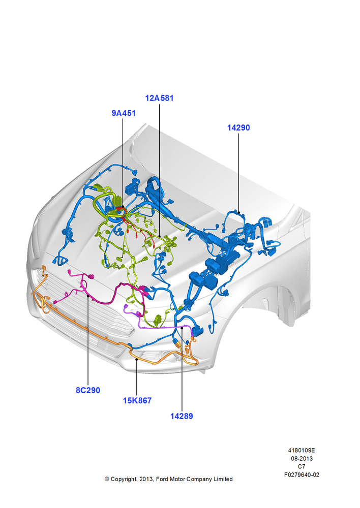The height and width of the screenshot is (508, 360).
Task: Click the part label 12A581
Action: (x=159, y=98)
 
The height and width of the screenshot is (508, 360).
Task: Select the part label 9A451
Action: (x=124, y=113)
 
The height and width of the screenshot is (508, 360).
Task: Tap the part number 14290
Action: (x=238, y=128)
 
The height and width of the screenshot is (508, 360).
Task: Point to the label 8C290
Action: (x=88, y=390)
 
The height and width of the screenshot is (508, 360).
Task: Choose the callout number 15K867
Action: (x=137, y=400)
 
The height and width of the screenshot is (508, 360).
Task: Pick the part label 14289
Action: (x=182, y=416)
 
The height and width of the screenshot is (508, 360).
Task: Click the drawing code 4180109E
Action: (x=302, y=450)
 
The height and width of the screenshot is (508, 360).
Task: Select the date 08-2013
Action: (x=302, y=458)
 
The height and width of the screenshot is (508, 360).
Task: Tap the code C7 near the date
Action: (x=302, y=466)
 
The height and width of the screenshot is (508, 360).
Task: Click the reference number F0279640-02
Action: (x=302, y=474)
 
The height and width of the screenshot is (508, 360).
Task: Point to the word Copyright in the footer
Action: (x=124, y=479)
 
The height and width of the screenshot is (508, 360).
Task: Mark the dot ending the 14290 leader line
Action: (x=238, y=212)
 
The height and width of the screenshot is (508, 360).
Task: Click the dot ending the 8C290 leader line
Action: (x=88, y=296)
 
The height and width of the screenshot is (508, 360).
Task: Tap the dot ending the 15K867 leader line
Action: (x=137, y=359)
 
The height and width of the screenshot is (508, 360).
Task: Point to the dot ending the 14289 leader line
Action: (x=182, y=328)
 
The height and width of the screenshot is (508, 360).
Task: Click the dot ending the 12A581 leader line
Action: (x=160, y=237)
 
